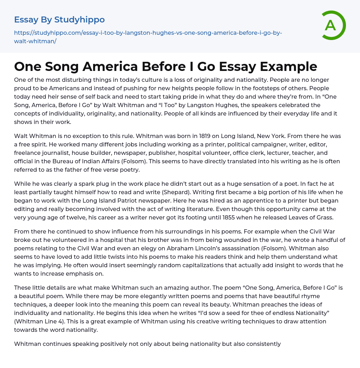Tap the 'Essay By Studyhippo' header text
tap(59, 20)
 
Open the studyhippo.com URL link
tap(148, 37)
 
